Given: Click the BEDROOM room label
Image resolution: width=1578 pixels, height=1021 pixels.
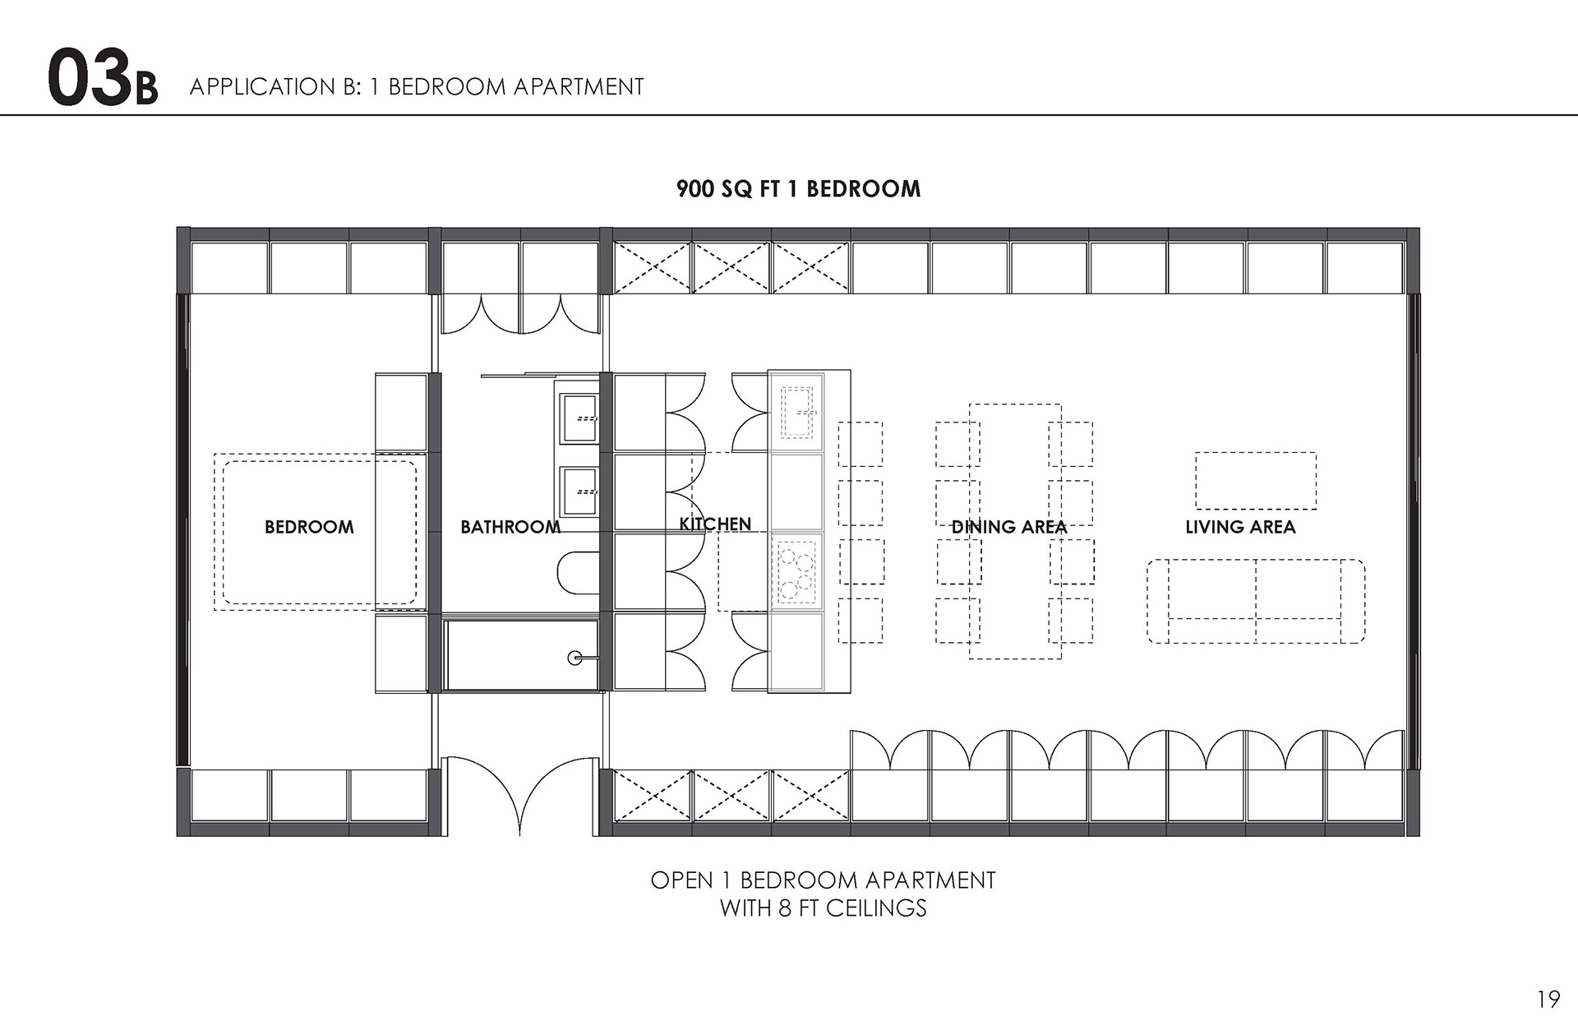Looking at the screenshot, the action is coord(309,527).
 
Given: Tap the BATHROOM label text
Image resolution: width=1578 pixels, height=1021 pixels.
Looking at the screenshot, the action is coord(510,527).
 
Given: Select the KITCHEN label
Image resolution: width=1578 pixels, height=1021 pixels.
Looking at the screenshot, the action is coord(715,524).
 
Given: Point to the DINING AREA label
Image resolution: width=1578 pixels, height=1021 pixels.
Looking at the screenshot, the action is coord(1008,527).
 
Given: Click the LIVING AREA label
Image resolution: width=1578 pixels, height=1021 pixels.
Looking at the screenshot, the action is coord(1240,527).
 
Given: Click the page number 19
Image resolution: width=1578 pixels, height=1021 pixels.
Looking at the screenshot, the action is coord(1548,999).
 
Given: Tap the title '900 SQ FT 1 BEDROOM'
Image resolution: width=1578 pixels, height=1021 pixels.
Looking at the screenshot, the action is coord(798,189).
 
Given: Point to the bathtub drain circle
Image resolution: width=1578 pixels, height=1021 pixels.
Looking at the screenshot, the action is coord(575,658).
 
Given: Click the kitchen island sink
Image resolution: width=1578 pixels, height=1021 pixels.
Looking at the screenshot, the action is coord(798,412).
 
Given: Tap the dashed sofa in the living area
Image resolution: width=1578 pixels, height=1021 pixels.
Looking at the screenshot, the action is coord(1256,602).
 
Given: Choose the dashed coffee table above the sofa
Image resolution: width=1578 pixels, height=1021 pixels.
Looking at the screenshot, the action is coord(1256,481).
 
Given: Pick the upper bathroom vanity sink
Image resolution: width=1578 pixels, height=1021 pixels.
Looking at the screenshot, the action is coord(579,418).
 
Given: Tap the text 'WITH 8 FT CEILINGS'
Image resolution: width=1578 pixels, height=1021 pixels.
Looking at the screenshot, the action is coord(823,908).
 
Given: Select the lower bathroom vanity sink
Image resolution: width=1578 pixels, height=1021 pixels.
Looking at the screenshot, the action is coord(579,492).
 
